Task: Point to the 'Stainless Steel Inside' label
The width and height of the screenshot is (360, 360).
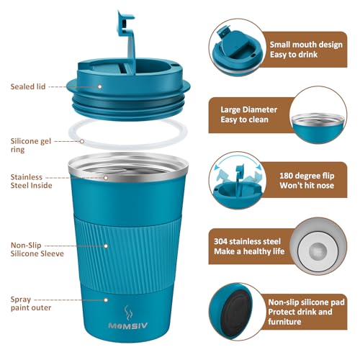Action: tap(30, 181)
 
